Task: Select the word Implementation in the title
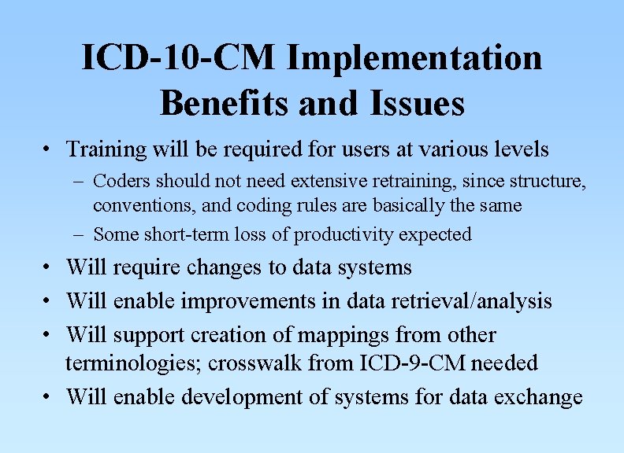(x=414, y=59)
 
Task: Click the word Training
(x=107, y=149)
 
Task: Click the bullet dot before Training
(x=49, y=149)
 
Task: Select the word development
(x=247, y=397)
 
